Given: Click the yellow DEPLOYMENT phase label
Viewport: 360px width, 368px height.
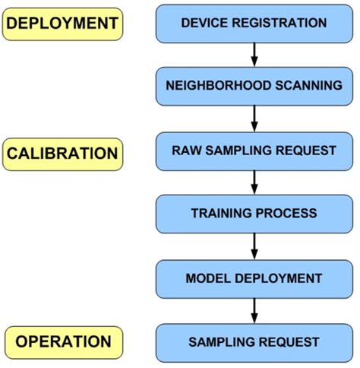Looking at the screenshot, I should [x=62, y=24].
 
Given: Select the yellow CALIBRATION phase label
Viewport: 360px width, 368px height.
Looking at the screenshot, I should [x=62, y=154].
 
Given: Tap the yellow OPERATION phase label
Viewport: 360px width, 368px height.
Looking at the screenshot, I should [x=63, y=341].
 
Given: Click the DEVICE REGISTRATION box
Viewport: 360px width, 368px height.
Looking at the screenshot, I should [x=254, y=23].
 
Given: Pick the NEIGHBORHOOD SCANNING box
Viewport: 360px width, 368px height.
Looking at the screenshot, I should [x=254, y=86].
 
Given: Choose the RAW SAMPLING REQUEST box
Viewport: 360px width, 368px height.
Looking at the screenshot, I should [x=254, y=151].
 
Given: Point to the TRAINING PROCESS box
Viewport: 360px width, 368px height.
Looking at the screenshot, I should [x=254, y=214].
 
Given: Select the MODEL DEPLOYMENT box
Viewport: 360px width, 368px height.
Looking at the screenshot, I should [x=254, y=278].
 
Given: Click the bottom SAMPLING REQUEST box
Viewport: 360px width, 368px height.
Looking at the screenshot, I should [x=254, y=342].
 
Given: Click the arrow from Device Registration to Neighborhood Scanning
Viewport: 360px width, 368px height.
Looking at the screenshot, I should [x=254, y=54].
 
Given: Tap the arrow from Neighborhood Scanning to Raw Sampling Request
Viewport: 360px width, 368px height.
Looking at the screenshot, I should [x=254, y=118].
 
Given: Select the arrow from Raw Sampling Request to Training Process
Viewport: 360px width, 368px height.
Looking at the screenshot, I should [x=254, y=182].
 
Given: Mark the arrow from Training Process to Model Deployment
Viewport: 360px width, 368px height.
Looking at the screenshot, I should [x=254, y=246].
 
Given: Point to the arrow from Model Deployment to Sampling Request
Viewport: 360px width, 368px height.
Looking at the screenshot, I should [x=254, y=309].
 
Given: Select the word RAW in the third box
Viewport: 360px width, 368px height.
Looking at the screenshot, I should [x=186, y=151].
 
